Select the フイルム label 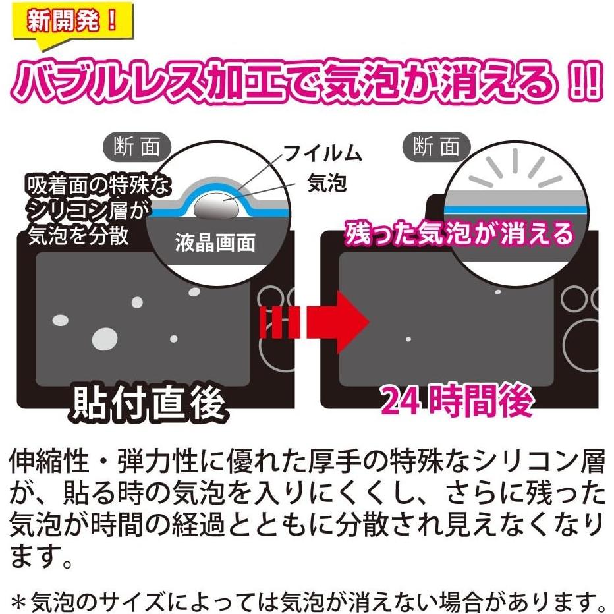click(323, 154)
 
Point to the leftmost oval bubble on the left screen click(60, 320)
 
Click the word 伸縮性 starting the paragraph click(49, 462)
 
